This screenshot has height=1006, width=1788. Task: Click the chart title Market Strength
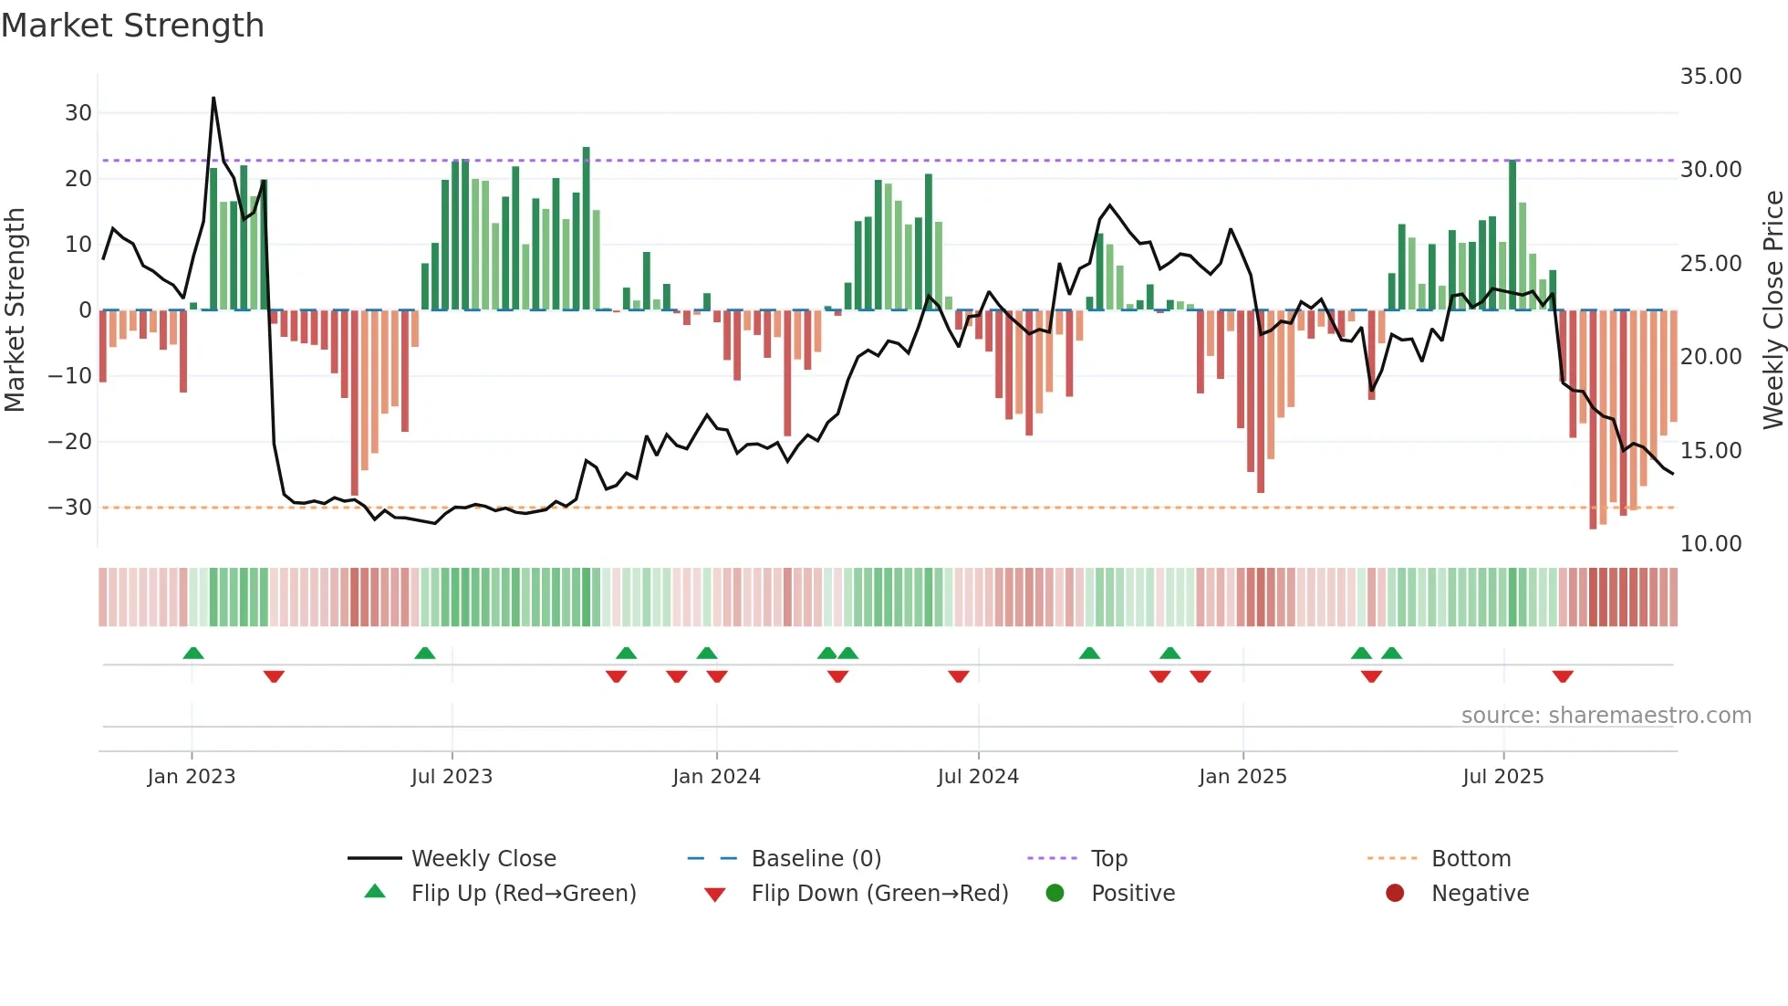pyautogui.click(x=132, y=26)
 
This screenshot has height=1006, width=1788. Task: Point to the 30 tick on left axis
pyautogui.click(x=78, y=113)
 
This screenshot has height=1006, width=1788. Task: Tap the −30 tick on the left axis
pyautogui.click(x=71, y=508)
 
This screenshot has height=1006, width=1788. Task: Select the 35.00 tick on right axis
pyautogui.click(x=1710, y=77)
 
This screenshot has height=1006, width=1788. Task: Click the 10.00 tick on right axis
pyautogui.click(x=1710, y=544)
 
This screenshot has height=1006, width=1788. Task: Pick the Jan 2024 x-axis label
pyautogui.click(x=716, y=777)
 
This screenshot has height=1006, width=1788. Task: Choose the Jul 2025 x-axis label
pyautogui.click(x=1502, y=777)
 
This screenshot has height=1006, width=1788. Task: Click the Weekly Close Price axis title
pyautogui.click(x=1772, y=310)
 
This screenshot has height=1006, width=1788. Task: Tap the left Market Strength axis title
pyautogui.click(x=15, y=310)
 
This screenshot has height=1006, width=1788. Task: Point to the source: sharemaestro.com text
pyautogui.click(x=1606, y=716)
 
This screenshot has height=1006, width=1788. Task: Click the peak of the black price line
pyautogui.click(x=213, y=99)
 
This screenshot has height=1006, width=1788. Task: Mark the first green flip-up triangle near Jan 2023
pyautogui.click(x=193, y=653)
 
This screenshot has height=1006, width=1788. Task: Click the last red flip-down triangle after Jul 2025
pyautogui.click(x=1563, y=676)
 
